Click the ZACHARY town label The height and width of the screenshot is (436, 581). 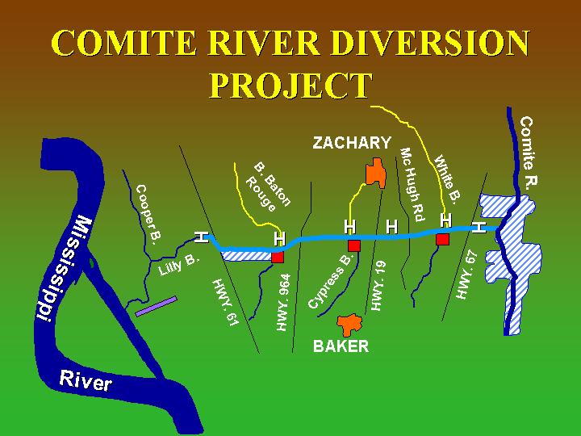(x=352, y=144)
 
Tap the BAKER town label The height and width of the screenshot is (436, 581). (x=341, y=346)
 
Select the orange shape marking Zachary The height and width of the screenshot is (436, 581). (x=374, y=173)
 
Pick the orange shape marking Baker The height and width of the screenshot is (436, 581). (x=350, y=324)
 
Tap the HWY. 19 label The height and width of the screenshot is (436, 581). (x=380, y=285)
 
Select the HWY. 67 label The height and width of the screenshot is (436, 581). (x=468, y=275)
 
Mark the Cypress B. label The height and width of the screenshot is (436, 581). (x=331, y=282)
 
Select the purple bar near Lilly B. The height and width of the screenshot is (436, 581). (x=156, y=306)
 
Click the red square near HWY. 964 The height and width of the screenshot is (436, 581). (x=278, y=257)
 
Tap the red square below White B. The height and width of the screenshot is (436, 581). (x=442, y=239)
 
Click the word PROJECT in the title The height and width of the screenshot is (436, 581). (x=290, y=85)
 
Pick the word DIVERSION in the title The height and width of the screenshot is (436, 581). (x=418, y=44)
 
